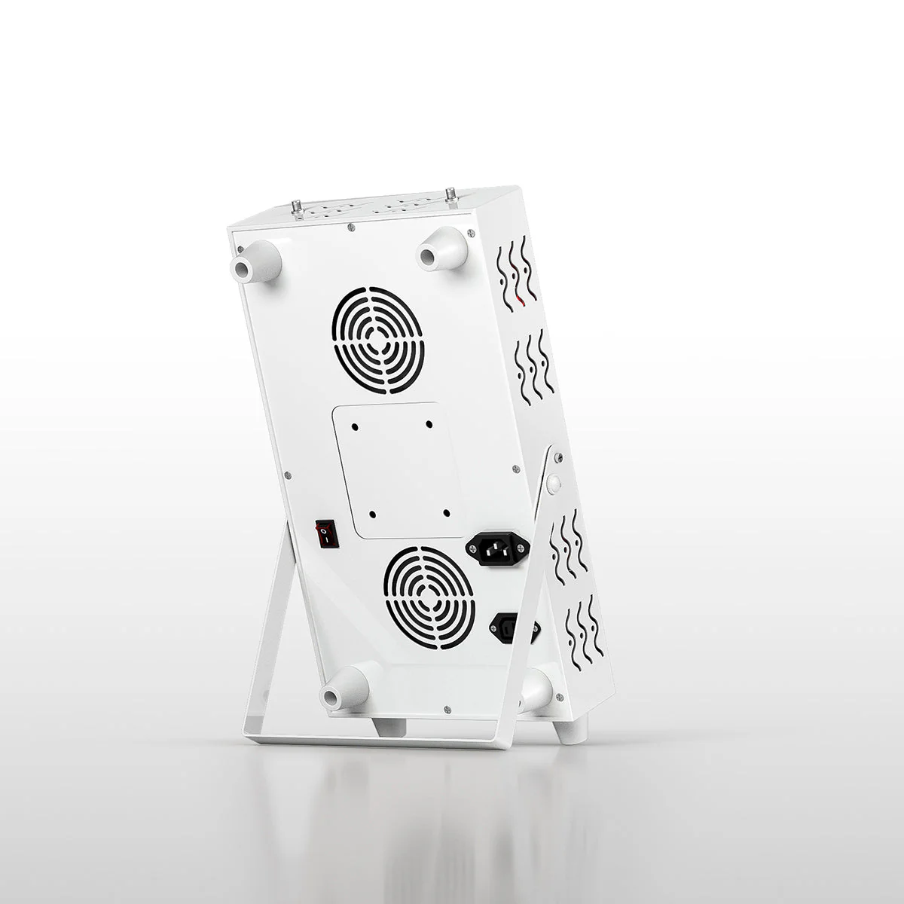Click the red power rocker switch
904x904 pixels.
click(x=326, y=533)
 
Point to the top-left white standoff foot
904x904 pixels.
click(x=257, y=264)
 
